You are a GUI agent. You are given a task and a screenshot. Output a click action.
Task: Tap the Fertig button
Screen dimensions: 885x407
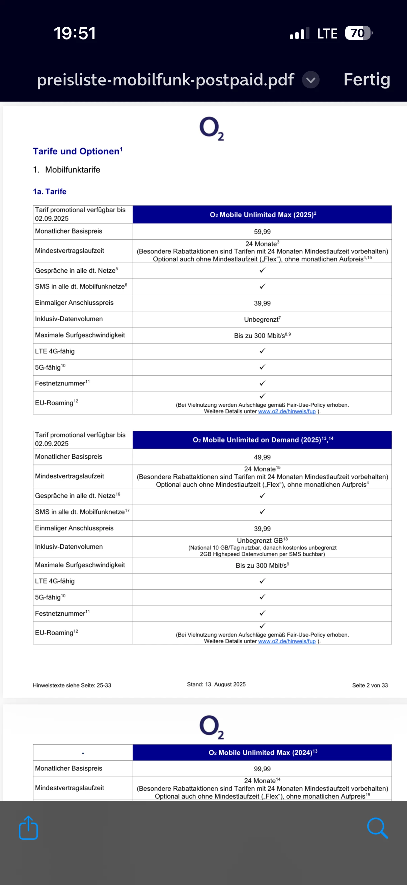pos(367,80)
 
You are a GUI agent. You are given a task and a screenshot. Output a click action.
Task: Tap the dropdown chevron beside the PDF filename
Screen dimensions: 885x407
pos(310,80)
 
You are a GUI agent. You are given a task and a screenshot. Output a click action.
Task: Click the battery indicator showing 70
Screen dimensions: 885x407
pos(358,33)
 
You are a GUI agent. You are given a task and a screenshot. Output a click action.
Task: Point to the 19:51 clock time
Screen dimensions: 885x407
pos(75,33)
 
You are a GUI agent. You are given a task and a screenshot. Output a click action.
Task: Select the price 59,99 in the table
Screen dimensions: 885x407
pos(262,232)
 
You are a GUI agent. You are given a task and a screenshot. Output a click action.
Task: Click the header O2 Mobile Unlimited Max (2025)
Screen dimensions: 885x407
pos(263,215)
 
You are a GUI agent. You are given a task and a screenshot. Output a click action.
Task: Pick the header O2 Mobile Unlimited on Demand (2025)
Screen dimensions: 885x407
pos(263,440)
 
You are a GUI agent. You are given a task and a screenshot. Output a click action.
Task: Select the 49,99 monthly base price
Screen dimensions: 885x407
pos(262,457)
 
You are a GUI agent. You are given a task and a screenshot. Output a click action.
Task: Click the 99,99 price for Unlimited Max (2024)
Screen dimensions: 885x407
pos(262,769)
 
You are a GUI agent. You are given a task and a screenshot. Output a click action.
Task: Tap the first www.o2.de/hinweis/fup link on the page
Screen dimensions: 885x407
pos(287,411)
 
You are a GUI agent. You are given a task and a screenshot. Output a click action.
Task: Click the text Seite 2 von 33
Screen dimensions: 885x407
pos(370,685)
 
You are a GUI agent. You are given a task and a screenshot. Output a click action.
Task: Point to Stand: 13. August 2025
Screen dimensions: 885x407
pos(216,685)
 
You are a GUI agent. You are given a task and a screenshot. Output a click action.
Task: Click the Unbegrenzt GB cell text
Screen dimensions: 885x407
pos(260,540)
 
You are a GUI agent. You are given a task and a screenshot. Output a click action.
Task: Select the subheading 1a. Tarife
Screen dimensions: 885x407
pos(50,191)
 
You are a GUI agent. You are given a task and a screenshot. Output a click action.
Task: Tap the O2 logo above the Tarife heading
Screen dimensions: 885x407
pos(212,128)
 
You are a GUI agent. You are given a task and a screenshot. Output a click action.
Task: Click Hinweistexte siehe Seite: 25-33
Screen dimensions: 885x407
pos(72,685)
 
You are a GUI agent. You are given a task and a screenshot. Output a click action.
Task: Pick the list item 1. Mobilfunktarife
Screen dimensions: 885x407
pos(66,170)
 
